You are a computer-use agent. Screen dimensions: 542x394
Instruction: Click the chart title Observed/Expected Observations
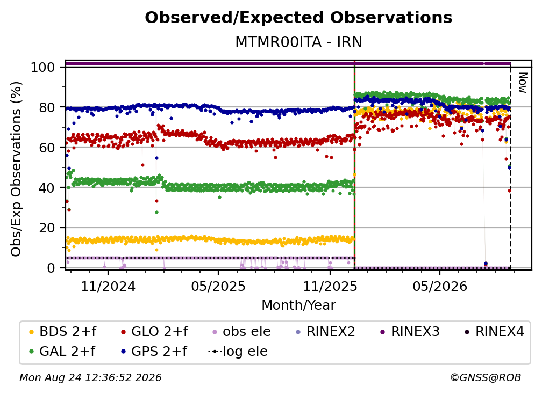coord(298,18)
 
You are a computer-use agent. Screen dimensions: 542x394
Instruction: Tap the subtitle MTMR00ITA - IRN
coord(298,42)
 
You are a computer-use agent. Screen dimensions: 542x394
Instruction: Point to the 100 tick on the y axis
coord(43,67)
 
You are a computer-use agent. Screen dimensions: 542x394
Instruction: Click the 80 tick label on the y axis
coord(47,107)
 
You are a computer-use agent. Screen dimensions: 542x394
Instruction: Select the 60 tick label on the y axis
coord(47,148)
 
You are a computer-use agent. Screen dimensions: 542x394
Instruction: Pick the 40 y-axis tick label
coord(47,188)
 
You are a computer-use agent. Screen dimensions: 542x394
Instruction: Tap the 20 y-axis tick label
coord(47,228)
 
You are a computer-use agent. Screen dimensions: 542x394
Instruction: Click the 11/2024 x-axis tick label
coord(108,286)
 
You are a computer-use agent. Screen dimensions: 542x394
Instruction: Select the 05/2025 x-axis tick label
coord(218,286)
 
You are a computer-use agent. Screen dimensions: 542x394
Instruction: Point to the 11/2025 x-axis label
coord(330,286)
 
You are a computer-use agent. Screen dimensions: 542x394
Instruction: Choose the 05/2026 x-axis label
coord(440,286)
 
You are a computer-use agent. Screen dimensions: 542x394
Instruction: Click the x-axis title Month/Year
coord(298,305)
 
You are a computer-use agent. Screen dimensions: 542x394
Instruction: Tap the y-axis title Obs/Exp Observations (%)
coord(16,169)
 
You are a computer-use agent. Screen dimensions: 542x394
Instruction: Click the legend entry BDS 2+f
coord(62,332)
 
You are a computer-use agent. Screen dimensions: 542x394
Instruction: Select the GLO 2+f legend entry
coord(154,332)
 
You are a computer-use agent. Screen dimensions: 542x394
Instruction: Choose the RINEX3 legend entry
coord(410,332)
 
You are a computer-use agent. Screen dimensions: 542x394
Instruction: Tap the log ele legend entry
coord(238,352)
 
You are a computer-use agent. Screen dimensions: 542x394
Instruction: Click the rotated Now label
coord(522,83)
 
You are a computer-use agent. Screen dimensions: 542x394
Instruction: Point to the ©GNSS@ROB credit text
coord(486,377)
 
